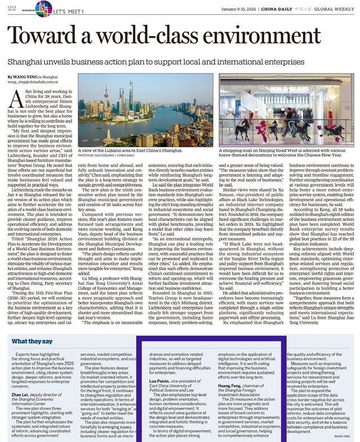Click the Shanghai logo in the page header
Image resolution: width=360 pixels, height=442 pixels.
tap(42, 8)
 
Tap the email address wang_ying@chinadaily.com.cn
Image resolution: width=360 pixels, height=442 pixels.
tap(34, 82)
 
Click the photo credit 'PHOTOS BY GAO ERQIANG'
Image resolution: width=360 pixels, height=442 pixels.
tap(105, 154)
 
